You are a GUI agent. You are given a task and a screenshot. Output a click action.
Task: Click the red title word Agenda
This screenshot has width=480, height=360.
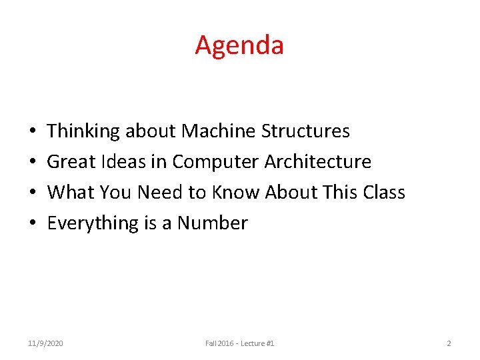[239, 45]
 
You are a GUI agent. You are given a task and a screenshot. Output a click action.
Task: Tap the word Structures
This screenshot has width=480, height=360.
[305, 131]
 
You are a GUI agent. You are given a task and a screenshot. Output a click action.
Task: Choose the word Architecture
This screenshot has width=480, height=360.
[318, 162]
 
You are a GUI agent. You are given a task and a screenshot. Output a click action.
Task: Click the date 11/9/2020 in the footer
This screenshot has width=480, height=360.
[46, 343]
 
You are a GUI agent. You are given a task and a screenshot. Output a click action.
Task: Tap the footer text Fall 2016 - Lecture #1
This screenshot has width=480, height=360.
[240, 343]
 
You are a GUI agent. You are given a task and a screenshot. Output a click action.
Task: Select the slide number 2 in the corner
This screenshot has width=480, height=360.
[449, 343]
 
